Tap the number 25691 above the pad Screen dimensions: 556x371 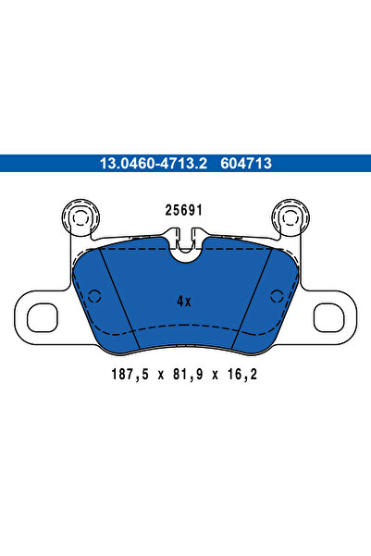coord(184,210)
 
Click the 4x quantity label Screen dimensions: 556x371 coord(184,301)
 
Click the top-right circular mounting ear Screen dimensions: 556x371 coord(290,220)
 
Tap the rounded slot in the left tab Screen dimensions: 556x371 coord(43,317)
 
